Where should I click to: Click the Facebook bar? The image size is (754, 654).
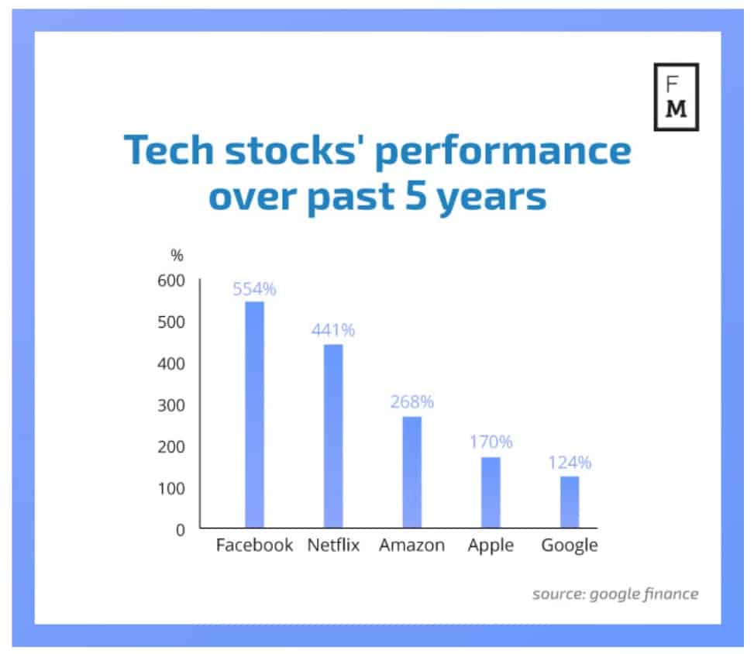point(254,415)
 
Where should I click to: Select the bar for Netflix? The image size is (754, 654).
point(333,436)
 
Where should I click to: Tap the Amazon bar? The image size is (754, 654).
point(411,473)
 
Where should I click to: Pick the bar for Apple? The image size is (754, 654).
point(491,493)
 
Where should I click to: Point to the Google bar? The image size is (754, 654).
point(570,502)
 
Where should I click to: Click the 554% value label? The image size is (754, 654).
point(254,290)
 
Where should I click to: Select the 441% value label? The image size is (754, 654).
point(333,330)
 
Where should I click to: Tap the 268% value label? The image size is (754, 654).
point(411,402)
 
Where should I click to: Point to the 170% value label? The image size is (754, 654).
point(491,442)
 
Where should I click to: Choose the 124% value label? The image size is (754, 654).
point(570,463)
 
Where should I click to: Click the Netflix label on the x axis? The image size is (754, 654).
point(334,545)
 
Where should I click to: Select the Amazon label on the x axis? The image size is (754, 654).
point(411,545)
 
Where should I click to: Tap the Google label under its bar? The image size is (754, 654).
point(570,545)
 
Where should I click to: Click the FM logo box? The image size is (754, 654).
point(676,97)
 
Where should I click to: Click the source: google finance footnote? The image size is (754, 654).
point(615,594)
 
